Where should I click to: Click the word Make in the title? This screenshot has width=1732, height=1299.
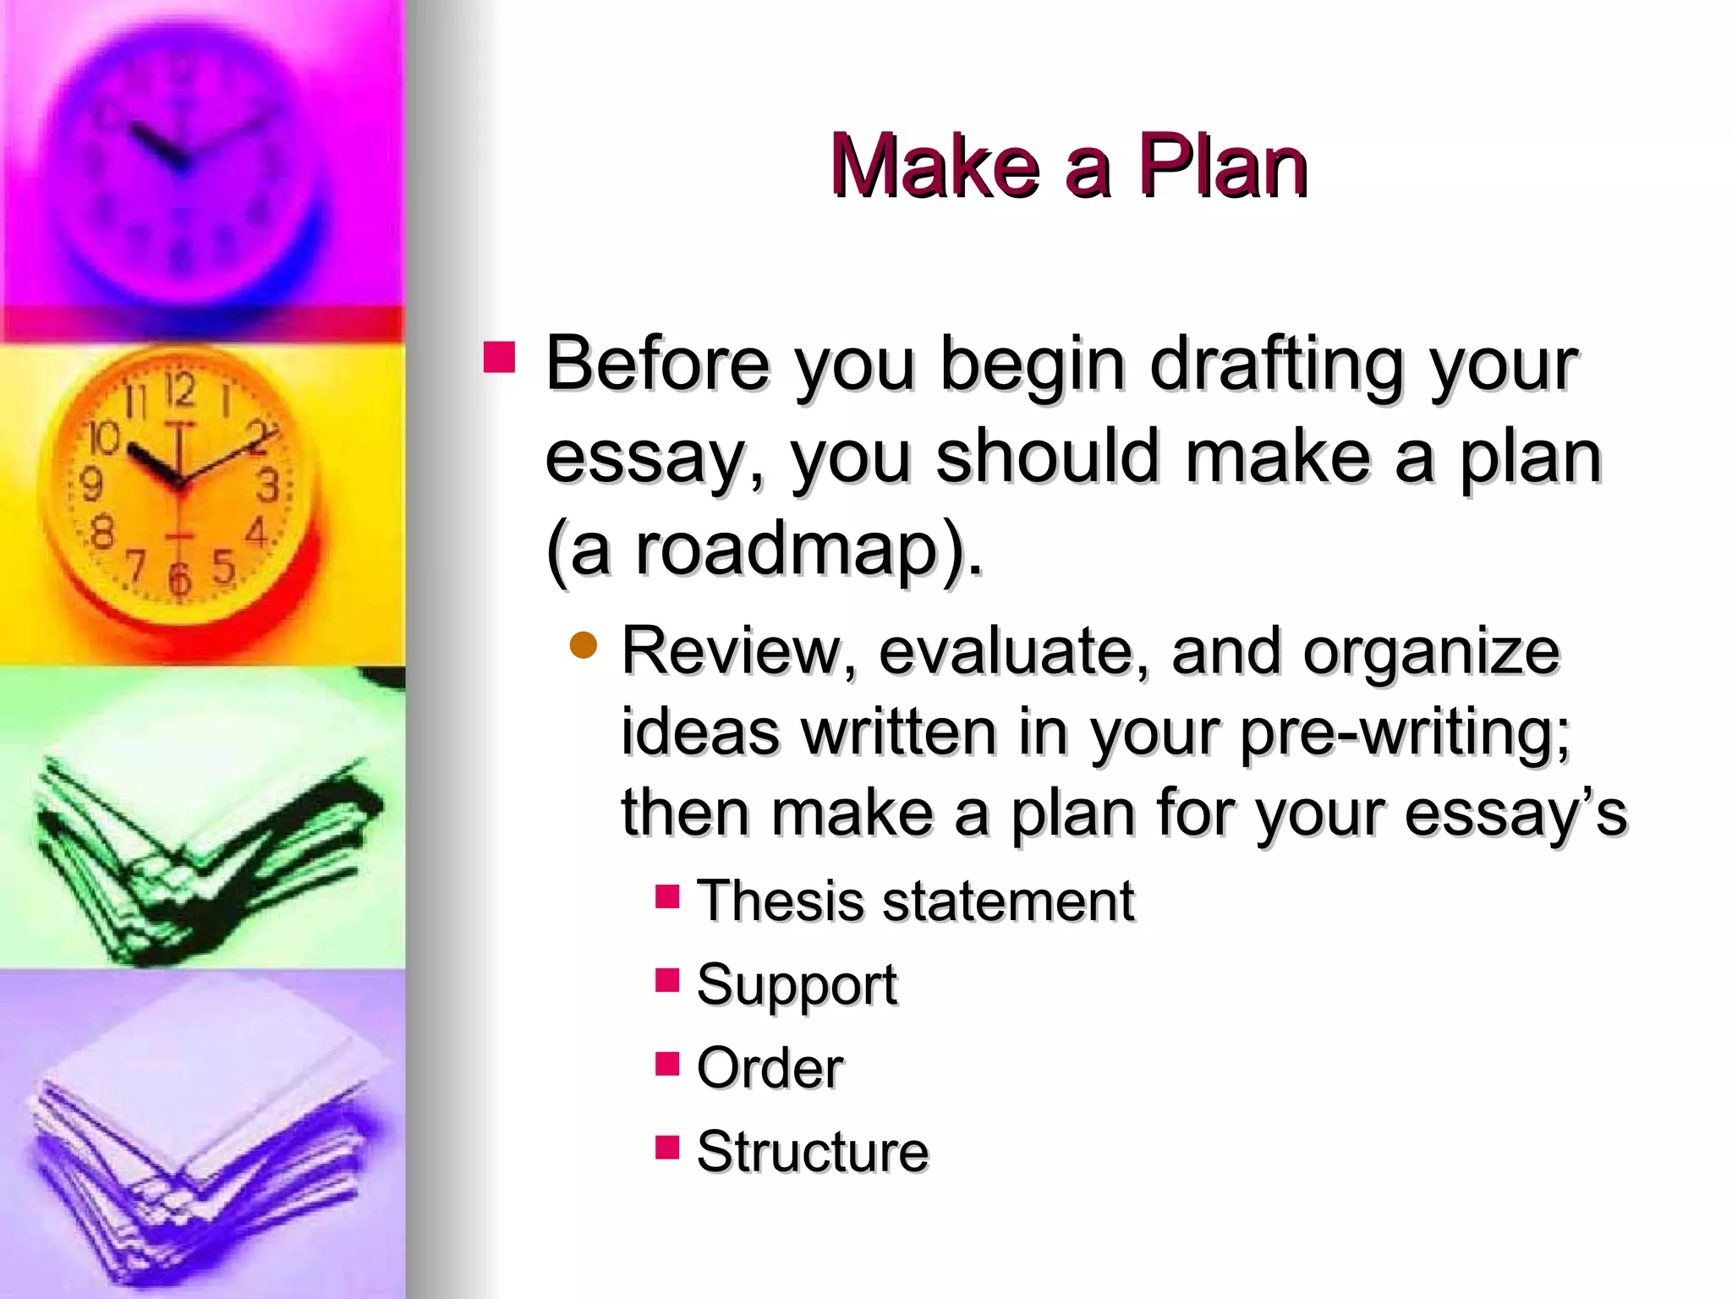click(935, 167)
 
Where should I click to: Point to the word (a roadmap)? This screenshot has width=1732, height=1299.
click(765, 550)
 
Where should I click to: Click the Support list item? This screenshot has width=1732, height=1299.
click(796, 986)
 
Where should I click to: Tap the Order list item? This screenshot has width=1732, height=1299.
click(770, 1067)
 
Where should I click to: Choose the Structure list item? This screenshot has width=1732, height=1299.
click(812, 1151)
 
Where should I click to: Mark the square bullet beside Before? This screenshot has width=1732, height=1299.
click(499, 357)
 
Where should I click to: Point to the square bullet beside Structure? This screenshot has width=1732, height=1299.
click(667, 1147)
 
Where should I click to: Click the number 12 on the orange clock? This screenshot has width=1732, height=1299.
click(178, 391)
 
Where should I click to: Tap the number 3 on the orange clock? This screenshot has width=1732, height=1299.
click(268, 486)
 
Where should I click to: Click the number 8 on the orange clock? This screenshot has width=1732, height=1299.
click(101, 532)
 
